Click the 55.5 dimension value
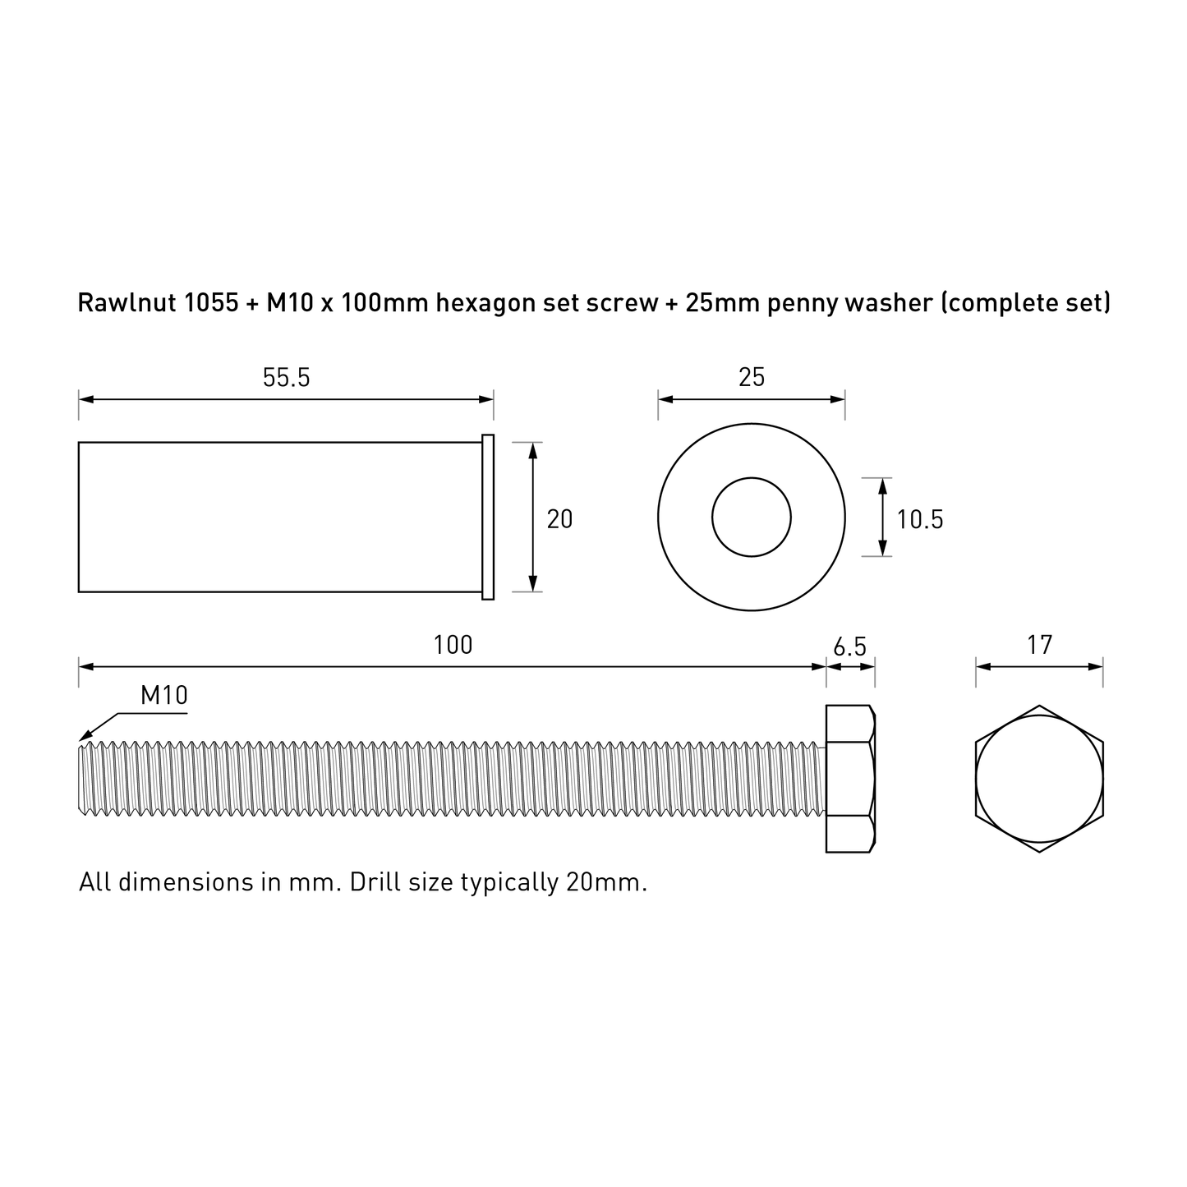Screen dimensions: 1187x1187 (287, 378)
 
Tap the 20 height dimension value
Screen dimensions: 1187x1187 (559, 519)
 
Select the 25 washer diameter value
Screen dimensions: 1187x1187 (752, 378)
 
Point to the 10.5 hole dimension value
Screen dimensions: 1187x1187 (920, 519)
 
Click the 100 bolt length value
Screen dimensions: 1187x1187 (453, 645)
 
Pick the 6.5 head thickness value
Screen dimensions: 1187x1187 (850, 646)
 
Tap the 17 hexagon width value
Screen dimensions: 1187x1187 (1040, 645)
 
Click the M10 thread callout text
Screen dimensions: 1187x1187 (163, 696)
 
